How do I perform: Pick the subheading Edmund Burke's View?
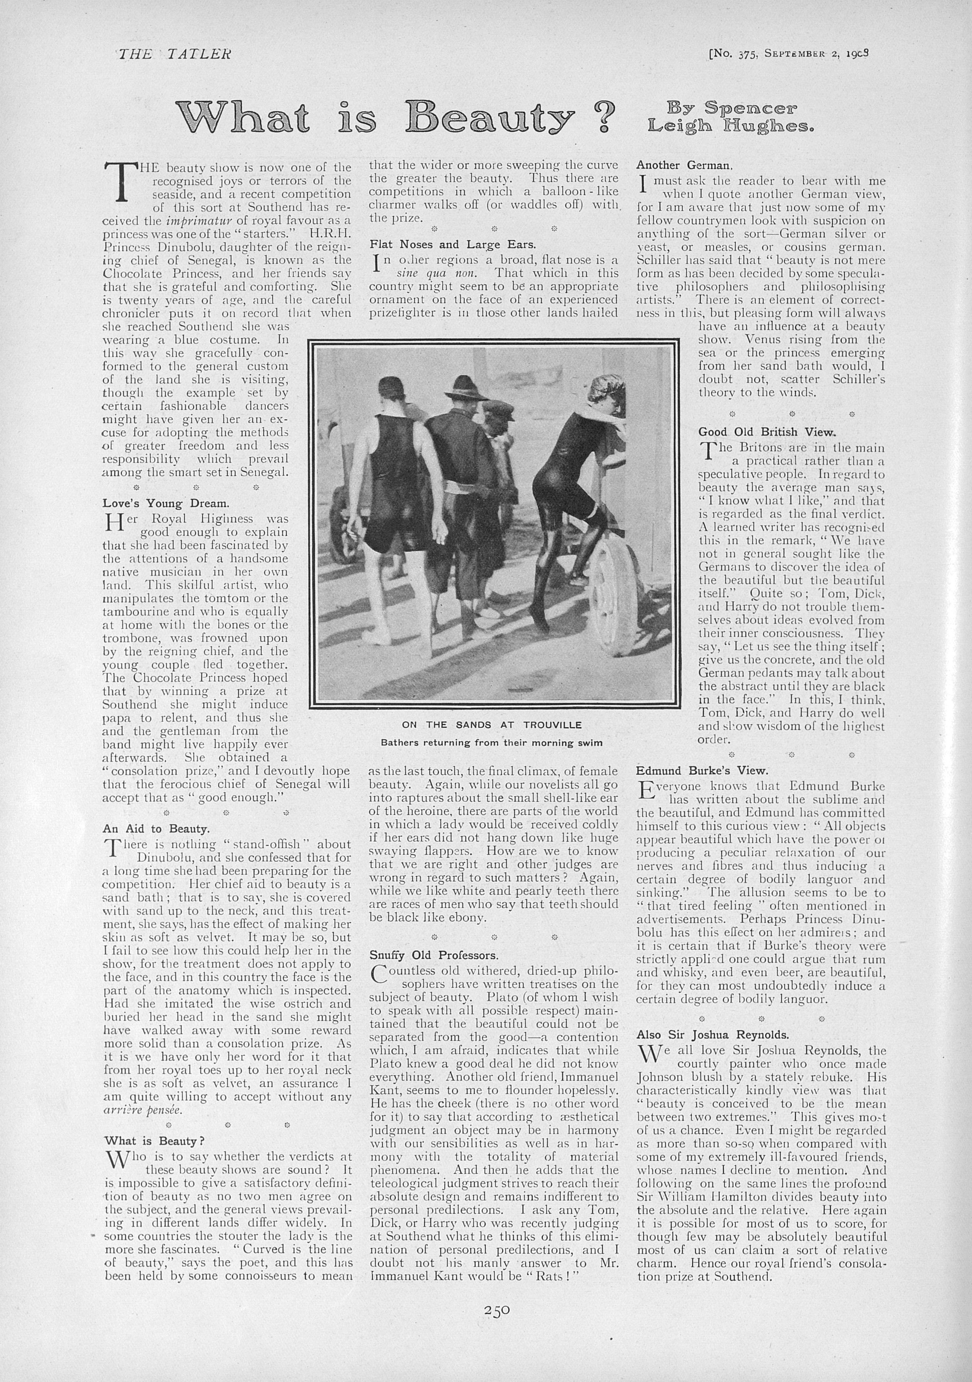[701, 770]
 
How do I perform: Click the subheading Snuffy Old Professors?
[433, 955]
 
